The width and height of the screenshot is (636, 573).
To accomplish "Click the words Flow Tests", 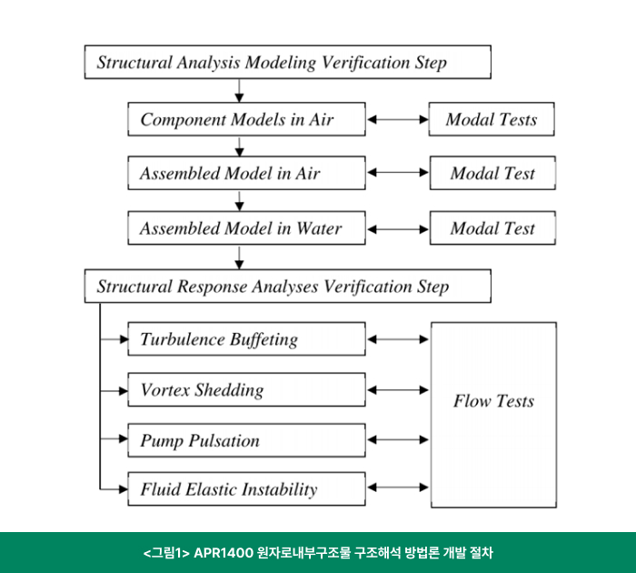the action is coord(493,401).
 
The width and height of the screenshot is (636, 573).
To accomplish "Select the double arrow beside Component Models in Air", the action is coord(398,119).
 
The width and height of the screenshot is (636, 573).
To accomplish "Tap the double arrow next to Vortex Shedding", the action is coord(398,390).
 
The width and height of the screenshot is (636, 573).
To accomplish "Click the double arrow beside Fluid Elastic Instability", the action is coord(398,488).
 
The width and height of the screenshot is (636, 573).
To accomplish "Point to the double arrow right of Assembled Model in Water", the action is coord(398,229).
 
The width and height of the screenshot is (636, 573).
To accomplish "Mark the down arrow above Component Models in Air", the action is coord(239,91).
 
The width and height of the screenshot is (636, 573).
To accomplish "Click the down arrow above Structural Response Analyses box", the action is coord(239,257).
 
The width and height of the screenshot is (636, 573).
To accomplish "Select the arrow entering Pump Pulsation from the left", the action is coord(114,438).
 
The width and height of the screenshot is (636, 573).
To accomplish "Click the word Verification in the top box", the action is coord(365,63).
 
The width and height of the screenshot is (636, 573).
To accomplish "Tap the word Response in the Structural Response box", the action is coord(213,286).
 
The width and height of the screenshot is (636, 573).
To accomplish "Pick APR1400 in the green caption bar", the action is coord(224,553).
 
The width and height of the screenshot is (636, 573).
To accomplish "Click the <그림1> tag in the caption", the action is coord(166,553).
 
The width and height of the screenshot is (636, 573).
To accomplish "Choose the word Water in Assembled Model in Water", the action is coord(319,228).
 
